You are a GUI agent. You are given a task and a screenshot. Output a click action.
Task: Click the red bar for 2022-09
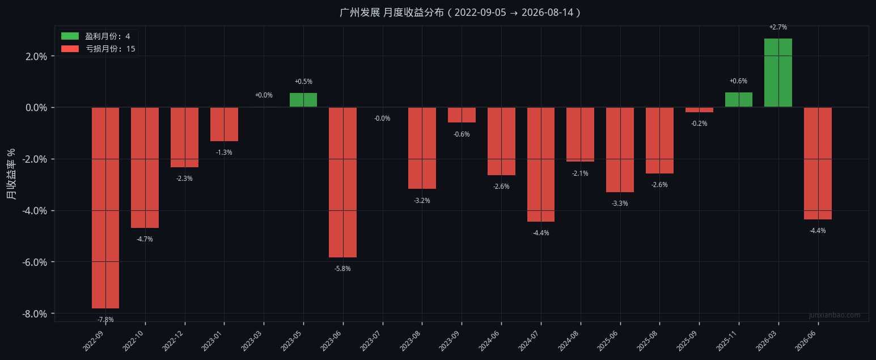(x=105, y=208)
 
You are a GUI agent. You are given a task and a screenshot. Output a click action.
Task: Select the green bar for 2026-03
(x=778, y=73)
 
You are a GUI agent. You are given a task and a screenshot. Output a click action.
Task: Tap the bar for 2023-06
(x=342, y=183)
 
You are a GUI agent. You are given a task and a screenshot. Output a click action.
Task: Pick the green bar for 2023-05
(x=303, y=100)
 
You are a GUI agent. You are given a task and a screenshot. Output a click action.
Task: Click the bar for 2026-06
(x=818, y=163)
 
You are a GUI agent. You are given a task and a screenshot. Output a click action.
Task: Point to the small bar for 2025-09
(x=699, y=110)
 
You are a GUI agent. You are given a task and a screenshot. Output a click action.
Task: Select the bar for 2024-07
(x=541, y=164)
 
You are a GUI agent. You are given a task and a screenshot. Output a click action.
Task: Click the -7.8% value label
(x=105, y=320)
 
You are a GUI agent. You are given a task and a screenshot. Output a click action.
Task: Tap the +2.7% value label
(x=778, y=27)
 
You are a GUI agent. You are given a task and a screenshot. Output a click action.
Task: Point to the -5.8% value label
(x=342, y=269)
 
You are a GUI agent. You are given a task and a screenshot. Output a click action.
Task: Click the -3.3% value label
(x=620, y=204)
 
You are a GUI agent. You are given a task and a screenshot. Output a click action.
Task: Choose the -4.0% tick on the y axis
(x=35, y=211)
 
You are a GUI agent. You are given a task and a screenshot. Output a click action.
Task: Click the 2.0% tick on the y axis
(x=36, y=56)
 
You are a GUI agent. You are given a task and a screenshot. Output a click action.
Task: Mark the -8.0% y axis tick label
(x=35, y=314)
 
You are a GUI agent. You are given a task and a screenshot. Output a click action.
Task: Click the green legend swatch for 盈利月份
(x=70, y=36)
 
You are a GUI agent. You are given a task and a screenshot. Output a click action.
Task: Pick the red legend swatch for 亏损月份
(x=70, y=48)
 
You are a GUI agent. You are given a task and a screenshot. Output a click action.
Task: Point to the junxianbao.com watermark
(x=835, y=315)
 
